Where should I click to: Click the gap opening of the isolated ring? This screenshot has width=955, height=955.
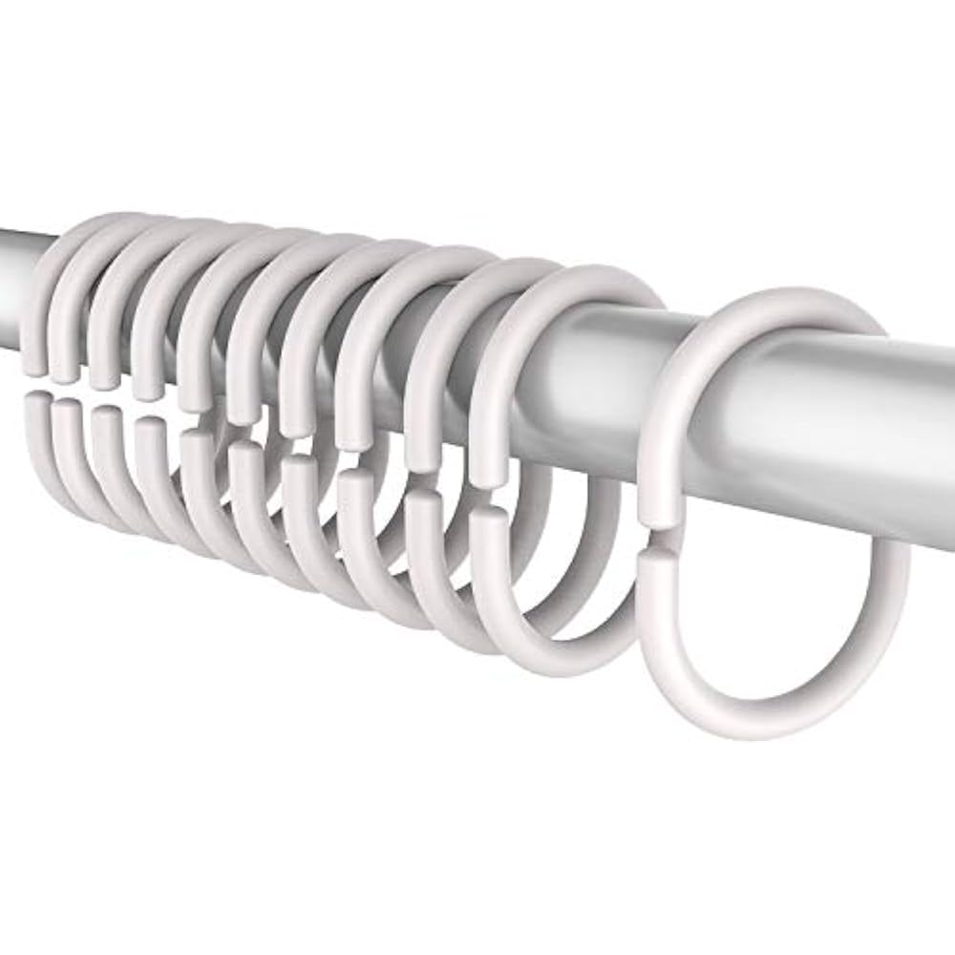click(x=656, y=547)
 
